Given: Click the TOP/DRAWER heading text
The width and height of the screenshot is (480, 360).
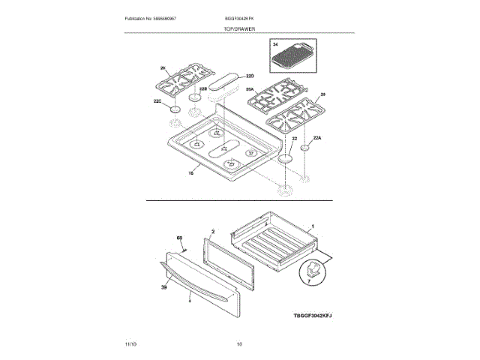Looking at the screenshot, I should pyautogui.click(x=239, y=28).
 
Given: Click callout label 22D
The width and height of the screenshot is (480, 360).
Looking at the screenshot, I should pyautogui.click(x=251, y=76).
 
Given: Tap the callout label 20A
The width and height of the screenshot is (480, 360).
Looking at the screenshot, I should pyautogui.click(x=250, y=88).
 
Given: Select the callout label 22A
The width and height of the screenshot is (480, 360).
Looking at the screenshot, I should pyautogui.click(x=316, y=138).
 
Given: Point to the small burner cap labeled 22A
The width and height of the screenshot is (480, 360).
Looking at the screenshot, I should pyautogui.click(x=305, y=148).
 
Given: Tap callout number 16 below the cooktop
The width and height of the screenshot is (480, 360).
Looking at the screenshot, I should pyautogui.click(x=190, y=172).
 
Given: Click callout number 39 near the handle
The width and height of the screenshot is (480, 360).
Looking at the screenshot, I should pyautogui.click(x=163, y=287).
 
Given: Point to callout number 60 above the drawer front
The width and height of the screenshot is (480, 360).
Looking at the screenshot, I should pyautogui.click(x=179, y=238).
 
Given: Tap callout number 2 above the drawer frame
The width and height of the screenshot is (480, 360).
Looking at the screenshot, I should pyautogui.click(x=213, y=233).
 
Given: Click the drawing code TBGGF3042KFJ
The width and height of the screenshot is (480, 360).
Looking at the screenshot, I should pyautogui.click(x=312, y=316).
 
